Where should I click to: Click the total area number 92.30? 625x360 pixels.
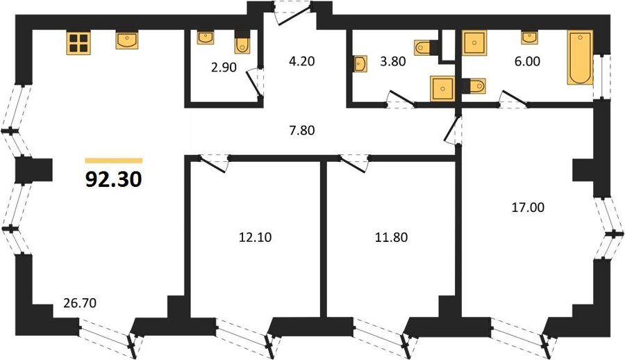114,179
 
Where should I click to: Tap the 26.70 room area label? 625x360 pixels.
80,303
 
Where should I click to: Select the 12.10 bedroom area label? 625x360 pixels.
255,238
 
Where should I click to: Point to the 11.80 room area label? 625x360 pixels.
391,238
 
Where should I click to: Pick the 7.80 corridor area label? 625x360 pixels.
302,130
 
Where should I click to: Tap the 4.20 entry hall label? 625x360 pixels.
302,61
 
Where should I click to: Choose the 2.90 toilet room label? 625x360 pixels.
224,68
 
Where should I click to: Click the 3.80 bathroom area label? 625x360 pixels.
393,61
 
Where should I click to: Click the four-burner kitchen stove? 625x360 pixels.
78,43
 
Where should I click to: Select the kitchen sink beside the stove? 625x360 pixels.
127,40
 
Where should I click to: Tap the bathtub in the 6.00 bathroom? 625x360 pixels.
580,58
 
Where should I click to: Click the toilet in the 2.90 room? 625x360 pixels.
242,42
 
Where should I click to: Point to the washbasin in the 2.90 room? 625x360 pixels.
206,38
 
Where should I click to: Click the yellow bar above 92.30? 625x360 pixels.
114,161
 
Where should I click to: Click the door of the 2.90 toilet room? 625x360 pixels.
254,83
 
